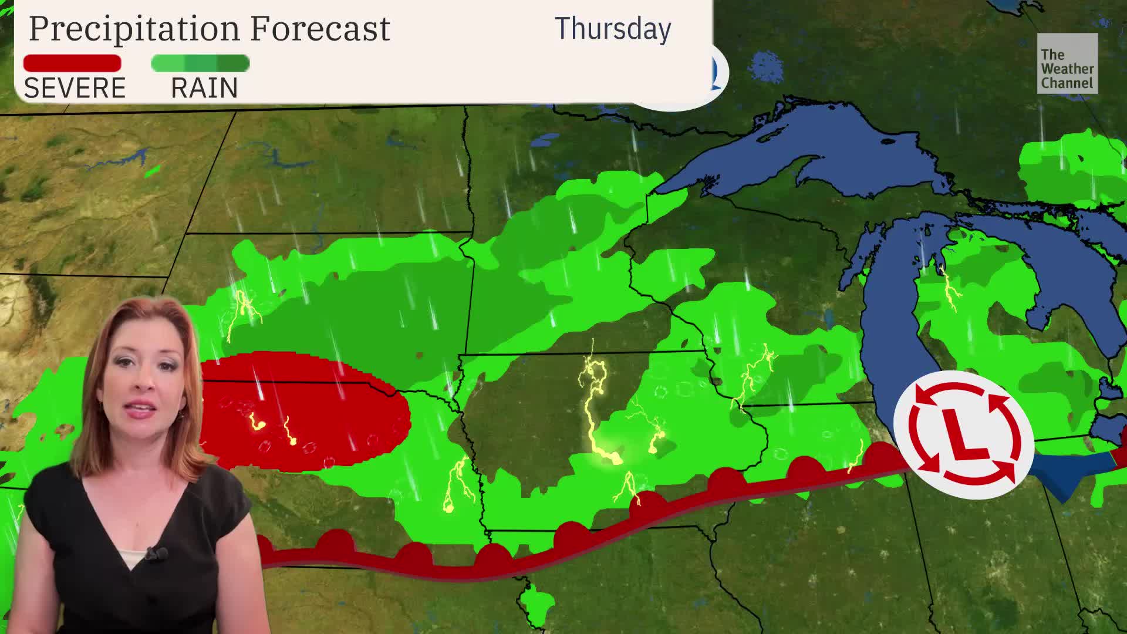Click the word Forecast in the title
[320, 28]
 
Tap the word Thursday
[612, 28]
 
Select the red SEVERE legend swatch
[72, 63]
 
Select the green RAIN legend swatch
[200, 63]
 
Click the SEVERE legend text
[75, 88]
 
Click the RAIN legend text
[204, 88]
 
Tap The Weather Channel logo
[1067, 63]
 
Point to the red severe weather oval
[305, 411]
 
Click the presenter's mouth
[139, 409]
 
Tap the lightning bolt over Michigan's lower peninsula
[948, 288]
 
